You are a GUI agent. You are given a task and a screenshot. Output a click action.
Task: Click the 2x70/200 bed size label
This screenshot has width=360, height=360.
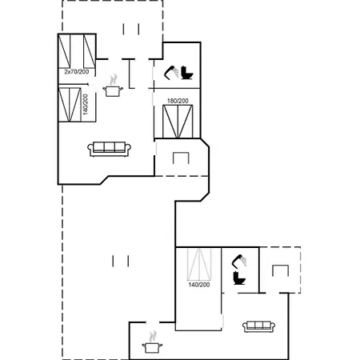click(77, 71)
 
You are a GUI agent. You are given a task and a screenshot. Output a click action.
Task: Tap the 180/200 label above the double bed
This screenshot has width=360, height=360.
click(178, 101)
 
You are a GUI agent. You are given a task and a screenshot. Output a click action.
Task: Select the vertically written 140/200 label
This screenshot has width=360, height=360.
click(86, 104)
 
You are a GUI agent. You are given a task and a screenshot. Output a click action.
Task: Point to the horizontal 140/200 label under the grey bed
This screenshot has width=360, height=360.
click(199, 285)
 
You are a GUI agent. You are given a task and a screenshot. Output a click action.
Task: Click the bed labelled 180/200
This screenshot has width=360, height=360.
click(178, 122)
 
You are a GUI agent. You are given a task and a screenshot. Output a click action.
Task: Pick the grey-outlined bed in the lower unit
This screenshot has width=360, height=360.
click(199, 264)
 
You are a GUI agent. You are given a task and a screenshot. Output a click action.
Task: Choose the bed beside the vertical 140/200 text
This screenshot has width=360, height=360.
click(70, 105)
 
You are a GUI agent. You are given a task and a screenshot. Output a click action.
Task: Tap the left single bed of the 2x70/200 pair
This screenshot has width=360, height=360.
click(64, 51)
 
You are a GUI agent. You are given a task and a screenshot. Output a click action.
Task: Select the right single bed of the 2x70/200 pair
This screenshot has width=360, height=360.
click(90, 51)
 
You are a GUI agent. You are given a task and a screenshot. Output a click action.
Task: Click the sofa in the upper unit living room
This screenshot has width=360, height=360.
click(110, 149)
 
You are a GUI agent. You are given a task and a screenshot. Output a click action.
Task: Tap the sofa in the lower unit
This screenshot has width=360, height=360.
click(258, 326)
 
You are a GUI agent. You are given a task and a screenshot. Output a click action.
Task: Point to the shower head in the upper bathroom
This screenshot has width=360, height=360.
click(171, 72)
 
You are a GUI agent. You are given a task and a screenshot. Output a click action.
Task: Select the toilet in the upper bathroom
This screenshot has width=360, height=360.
click(187, 73)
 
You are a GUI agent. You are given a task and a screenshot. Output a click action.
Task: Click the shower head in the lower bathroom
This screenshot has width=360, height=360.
click(239, 261)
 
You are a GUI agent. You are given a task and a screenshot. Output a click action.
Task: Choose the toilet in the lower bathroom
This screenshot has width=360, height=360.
click(239, 278)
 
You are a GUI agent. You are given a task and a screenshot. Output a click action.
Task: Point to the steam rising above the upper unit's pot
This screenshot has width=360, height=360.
click(114, 80)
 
